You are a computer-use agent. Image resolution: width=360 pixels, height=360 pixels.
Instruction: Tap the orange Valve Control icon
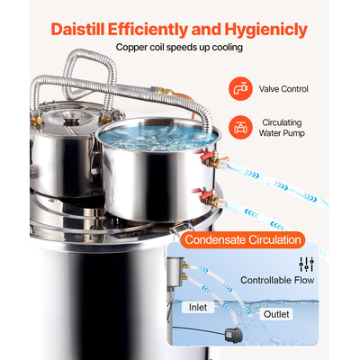241,89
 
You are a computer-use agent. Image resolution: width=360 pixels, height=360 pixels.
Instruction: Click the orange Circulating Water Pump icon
241,127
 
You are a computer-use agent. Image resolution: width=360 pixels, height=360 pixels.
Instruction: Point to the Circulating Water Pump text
283,128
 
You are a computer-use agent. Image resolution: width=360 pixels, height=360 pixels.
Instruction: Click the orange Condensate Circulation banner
241,240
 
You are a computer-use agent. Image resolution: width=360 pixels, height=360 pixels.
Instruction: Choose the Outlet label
276,314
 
